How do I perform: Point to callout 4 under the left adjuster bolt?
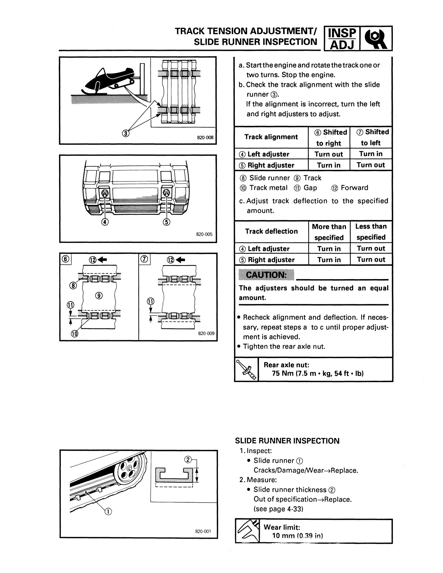(105, 222)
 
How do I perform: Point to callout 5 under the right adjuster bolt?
(166, 222)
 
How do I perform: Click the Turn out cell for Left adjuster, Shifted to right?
(329, 154)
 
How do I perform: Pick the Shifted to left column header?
(371, 138)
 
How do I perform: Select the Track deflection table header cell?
(271, 231)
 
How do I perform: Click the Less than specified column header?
(371, 232)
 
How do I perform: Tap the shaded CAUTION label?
(266, 275)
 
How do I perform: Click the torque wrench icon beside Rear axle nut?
(246, 369)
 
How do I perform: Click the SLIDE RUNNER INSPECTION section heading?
(287, 441)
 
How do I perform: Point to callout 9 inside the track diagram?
(99, 296)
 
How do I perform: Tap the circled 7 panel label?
(144, 259)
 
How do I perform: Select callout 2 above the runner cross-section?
(188, 459)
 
